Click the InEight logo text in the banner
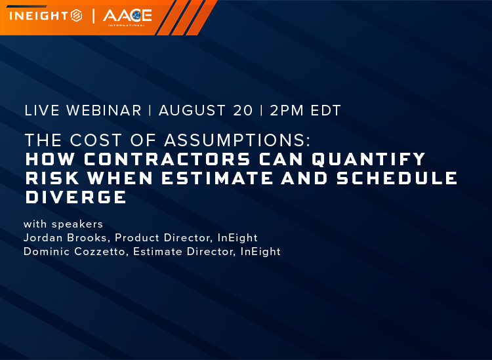pos(39,16)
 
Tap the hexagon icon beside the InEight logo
pos(77,16)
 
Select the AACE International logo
pos(127,18)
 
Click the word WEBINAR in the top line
pos(104,111)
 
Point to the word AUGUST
pos(192,111)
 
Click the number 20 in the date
pos(243,111)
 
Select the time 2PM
pos(287,111)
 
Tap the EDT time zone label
pos(325,111)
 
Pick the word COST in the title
pos(96,140)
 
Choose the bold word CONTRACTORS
pos(167,159)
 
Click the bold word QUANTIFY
pos(369,159)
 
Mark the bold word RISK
pos(52,178)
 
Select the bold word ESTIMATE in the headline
pos(217,178)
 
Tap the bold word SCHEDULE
pos(397,178)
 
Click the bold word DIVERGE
pos(76,197)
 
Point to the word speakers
pos(77,224)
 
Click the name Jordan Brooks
pos(65,237)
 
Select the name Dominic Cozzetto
pos(74,252)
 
